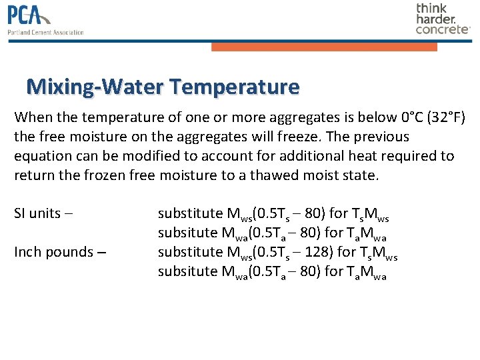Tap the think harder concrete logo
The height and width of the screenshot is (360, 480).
coord(443,18)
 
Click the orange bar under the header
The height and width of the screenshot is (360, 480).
coord(324,47)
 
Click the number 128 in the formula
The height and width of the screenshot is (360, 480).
coord(313,252)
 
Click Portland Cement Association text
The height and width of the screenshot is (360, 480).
coord(45,32)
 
